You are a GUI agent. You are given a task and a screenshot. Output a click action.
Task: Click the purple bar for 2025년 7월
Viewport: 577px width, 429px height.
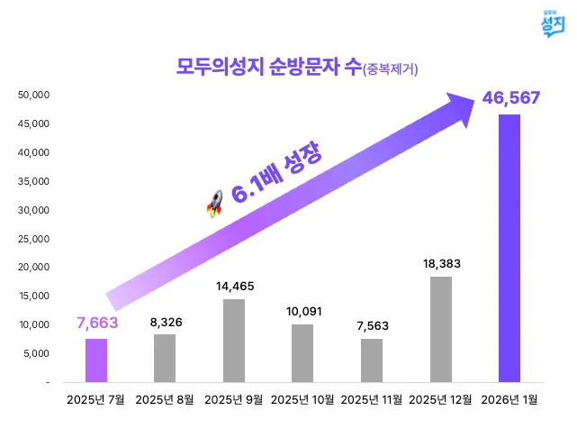coord(96,361)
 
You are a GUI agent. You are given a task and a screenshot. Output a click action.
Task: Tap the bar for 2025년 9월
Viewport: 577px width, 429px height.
coord(234,341)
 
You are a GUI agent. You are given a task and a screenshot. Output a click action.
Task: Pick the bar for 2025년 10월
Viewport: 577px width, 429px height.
coord(302,353)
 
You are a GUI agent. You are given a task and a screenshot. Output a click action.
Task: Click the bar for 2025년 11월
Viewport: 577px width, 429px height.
coord(372,361)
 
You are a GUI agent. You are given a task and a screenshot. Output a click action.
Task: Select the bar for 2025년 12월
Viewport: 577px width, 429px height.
coord(441,330)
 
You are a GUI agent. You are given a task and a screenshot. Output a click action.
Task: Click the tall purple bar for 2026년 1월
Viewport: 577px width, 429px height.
coord(509,249)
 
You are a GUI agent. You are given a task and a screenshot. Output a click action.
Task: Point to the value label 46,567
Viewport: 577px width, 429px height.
coord(510,97)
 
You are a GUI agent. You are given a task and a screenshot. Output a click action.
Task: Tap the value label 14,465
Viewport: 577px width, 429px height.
coord(235,286)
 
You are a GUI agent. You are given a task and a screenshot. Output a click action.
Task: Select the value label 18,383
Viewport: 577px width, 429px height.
coord(441,263)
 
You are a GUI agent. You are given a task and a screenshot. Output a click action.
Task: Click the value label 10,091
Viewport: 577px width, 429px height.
coord(303,312)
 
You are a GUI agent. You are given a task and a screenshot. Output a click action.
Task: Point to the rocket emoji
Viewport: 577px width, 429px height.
coord(214,207)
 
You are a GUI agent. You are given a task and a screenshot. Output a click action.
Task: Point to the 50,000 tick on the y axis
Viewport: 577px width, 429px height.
coord(34,95)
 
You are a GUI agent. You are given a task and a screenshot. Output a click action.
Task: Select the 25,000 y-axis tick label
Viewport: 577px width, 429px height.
coord(34,239)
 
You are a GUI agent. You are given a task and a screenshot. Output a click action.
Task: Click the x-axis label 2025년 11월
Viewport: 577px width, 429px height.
coord(372,398)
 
